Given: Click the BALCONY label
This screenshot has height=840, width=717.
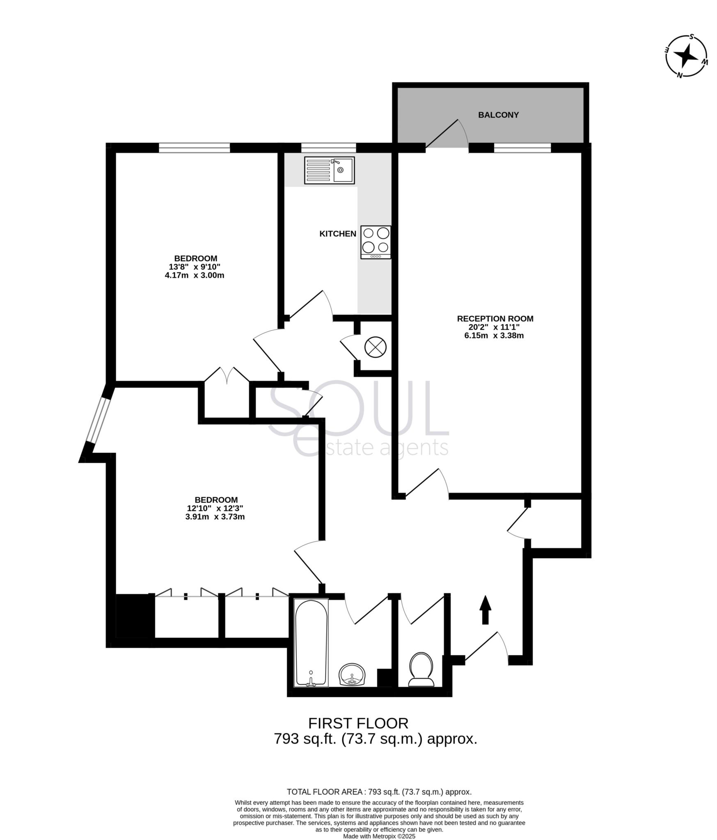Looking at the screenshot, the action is (498, 115).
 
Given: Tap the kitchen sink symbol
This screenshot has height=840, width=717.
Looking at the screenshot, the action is (329, 170).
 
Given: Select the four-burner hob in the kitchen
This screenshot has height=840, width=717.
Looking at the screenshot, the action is (376, 242).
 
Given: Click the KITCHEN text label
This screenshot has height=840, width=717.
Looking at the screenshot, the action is (338, 234).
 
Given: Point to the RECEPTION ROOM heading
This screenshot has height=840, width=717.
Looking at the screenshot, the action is (495, 319).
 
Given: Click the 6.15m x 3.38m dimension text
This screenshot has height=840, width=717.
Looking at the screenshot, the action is (495, 336).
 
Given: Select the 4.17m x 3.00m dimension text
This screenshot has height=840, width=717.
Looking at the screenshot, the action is (195, 275).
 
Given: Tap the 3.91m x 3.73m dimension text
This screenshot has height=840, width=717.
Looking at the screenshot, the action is (215, 517).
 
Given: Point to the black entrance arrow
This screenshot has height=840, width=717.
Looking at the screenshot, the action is (486, 610).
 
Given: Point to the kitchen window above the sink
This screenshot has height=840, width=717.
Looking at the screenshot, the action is (328, 147).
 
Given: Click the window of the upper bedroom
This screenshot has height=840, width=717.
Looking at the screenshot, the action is (194, 147).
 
